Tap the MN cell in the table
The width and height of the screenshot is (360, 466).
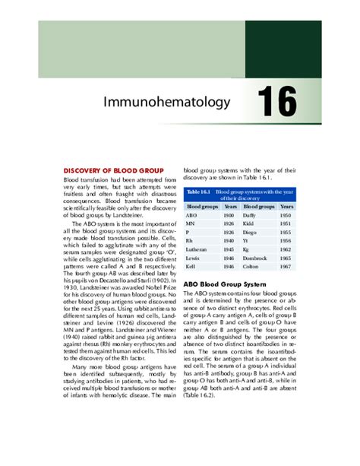(193, 227)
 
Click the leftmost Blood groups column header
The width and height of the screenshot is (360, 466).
(202, 206)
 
